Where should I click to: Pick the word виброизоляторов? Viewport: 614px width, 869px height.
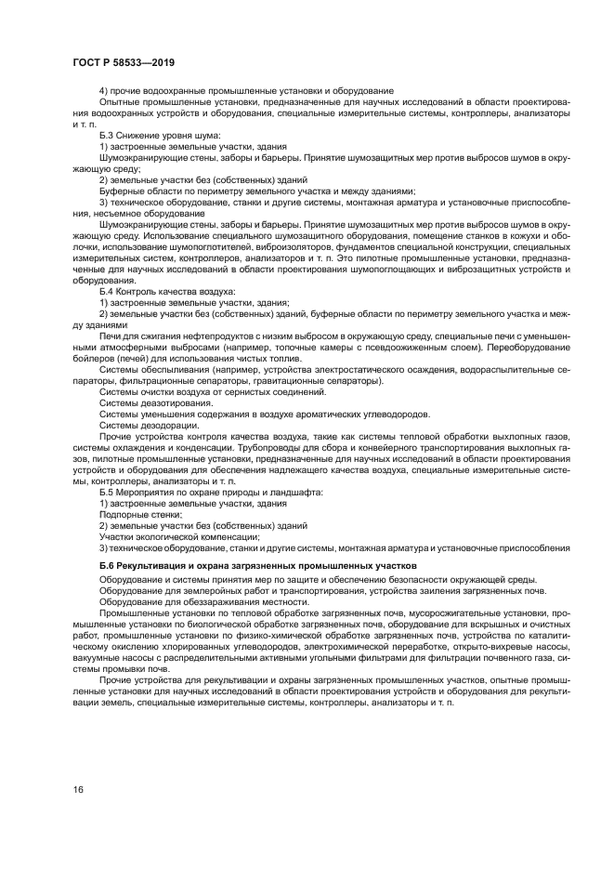pos(279,247)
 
